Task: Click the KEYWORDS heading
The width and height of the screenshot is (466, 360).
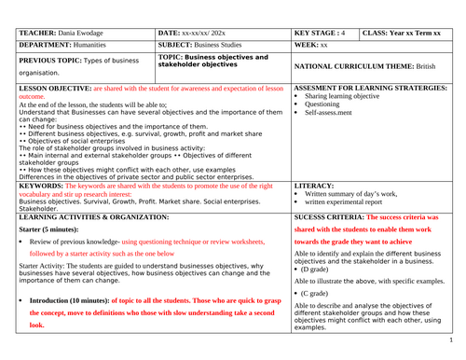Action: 41,185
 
